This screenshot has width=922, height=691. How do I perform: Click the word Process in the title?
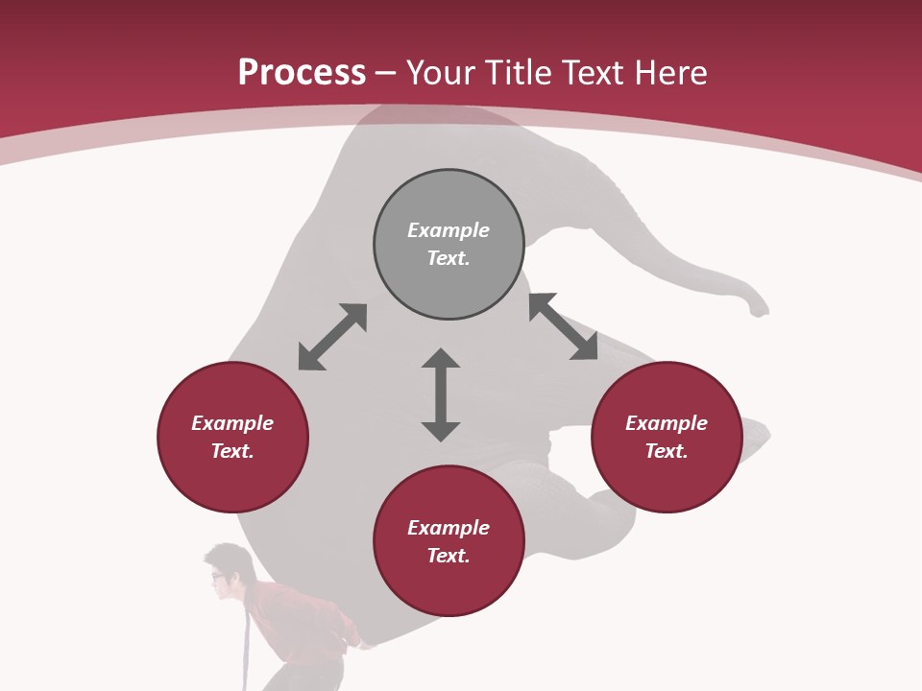(302, 73)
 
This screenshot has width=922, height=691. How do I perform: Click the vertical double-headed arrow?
(441, 394)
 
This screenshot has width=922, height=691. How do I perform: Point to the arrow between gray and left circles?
(332, 337)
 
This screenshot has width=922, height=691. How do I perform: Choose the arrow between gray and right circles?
(563, 326)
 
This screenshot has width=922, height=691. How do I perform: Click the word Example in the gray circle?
(449, 230)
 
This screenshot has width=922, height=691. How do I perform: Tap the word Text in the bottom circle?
(446, 556)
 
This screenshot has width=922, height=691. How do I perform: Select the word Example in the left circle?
(232, 423)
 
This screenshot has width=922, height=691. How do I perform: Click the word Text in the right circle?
(664, 451)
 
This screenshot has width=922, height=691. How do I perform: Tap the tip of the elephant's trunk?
(761, 311)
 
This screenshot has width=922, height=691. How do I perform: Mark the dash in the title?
(386, 74)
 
